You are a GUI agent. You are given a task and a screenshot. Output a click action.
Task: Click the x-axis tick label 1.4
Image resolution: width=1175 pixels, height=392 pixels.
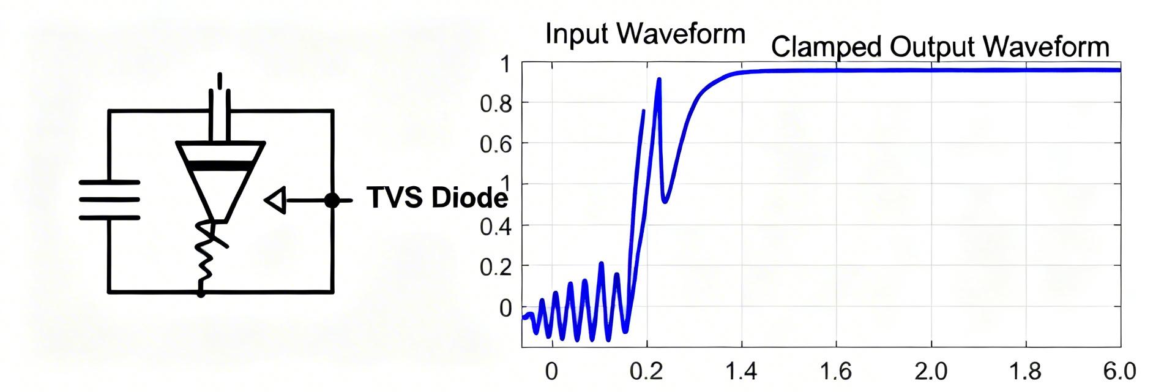coord(742,371)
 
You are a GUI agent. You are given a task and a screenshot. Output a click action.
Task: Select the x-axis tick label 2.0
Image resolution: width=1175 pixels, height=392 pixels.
coord(931,371)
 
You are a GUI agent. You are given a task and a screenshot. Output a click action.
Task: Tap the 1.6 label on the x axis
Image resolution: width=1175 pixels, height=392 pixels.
coord(836,371)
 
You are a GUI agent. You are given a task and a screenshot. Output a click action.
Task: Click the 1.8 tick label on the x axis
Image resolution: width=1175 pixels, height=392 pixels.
coord(1026,371)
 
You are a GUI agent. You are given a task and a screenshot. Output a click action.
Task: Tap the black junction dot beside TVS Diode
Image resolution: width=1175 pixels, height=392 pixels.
coord(332,200)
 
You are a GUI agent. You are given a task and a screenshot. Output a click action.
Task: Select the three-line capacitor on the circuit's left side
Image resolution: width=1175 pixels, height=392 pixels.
coord(110,200)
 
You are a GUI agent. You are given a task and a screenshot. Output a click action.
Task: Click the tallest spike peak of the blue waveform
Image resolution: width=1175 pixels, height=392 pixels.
coord(659,80)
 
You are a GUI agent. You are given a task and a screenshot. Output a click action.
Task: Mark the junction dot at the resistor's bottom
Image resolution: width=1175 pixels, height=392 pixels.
coord(201,293)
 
